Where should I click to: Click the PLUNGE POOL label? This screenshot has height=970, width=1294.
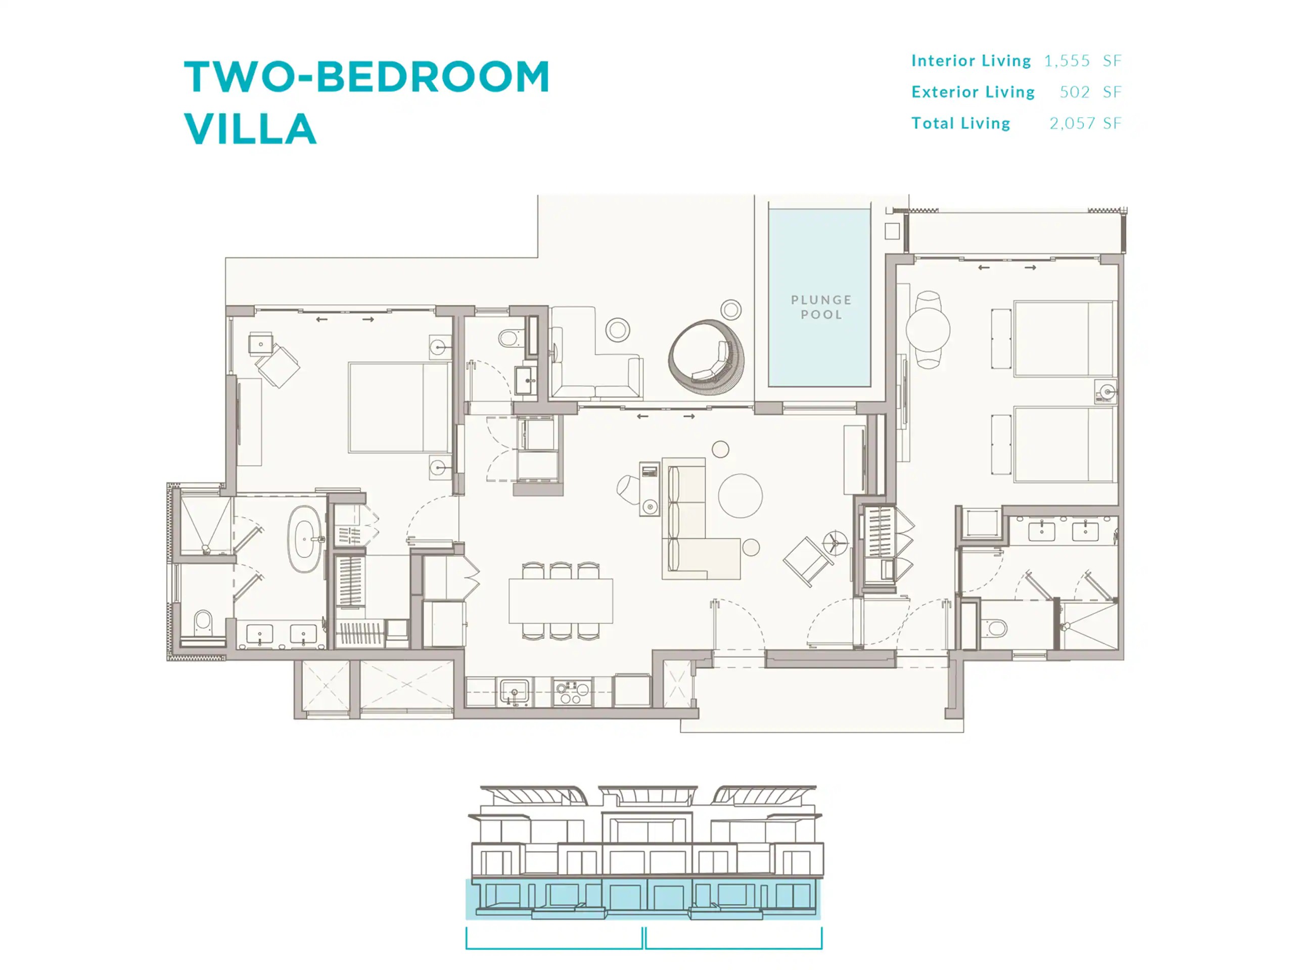pos(821,307)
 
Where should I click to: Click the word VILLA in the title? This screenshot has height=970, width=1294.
pos(250,129)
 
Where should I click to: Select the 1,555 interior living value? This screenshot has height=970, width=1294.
pos(1067,61)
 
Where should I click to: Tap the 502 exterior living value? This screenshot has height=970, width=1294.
pos(1075,92)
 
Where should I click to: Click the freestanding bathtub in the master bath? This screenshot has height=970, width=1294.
pos(305,539)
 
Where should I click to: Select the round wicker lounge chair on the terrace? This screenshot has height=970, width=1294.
pos(707,357)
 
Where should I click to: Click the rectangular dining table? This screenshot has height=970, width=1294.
pos(561,601)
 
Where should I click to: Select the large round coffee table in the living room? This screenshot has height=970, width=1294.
pos(740,495)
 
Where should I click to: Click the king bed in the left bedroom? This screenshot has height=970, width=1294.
pos(399,408)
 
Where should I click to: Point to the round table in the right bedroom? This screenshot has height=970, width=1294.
pos(928,330)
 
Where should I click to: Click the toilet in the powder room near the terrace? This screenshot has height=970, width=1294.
pos(510,338)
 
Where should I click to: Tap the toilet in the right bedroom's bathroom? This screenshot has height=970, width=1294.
pos(993,628)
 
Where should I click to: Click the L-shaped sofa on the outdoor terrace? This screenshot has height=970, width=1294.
pos(595,354)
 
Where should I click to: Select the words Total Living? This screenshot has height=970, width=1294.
pos(960,123)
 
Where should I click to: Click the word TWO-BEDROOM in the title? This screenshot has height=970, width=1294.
pos(367,77)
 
